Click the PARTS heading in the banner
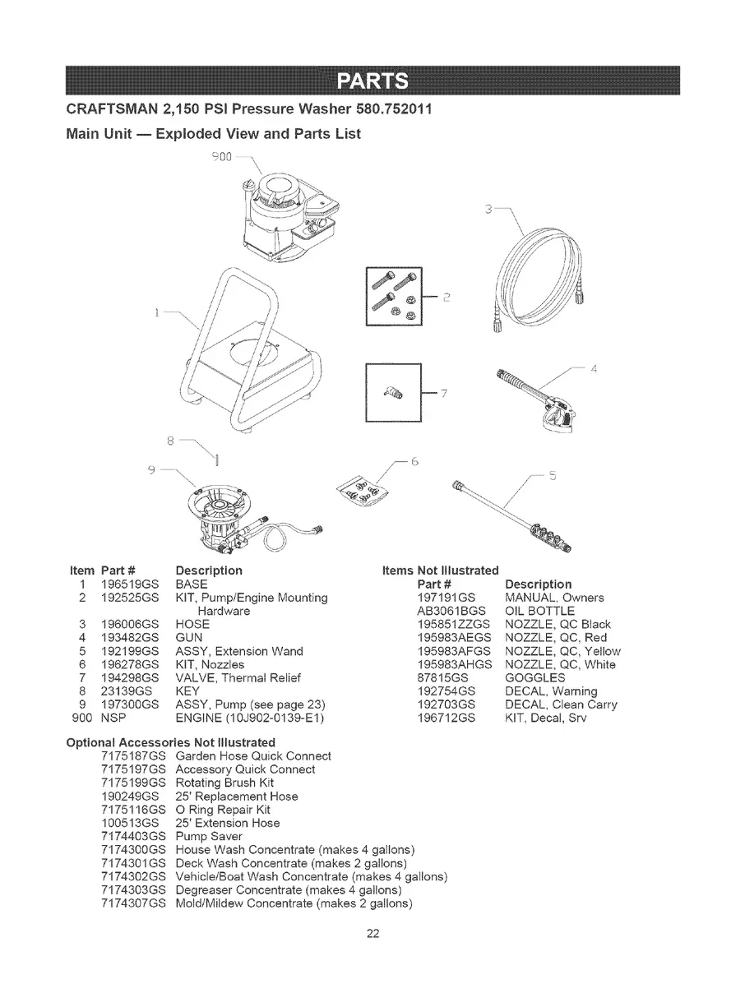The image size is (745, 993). coord(372,82)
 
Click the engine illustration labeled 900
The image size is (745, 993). coord(288,214)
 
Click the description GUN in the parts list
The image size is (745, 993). coord(190,637)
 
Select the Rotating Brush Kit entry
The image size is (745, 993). coord(227,783)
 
